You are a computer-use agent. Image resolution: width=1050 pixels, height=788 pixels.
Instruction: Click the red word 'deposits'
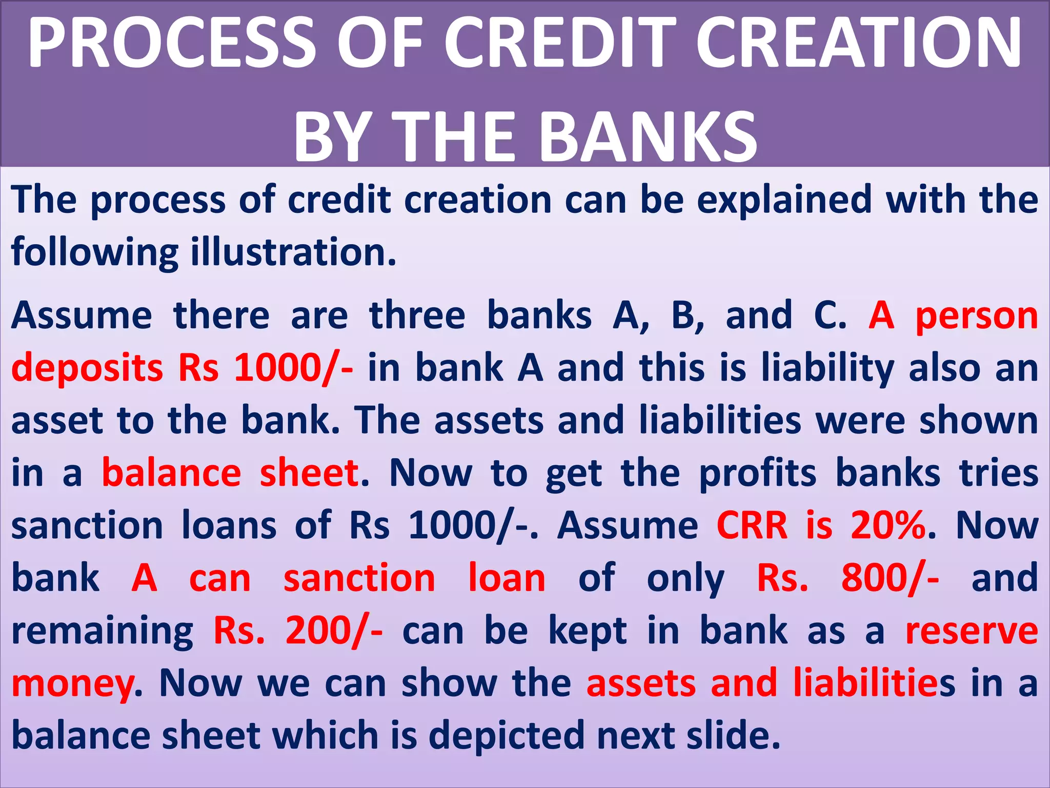[87, 368]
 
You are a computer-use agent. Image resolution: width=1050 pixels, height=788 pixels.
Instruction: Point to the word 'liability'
[827, 368]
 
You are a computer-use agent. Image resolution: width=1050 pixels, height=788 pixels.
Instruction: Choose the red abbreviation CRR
[752, 525]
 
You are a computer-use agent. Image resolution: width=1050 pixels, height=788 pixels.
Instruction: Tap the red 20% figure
[889, 525]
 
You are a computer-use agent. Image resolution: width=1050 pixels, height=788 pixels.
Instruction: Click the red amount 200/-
[334, 631]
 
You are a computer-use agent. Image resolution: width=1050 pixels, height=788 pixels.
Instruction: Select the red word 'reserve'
[972, 631]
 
